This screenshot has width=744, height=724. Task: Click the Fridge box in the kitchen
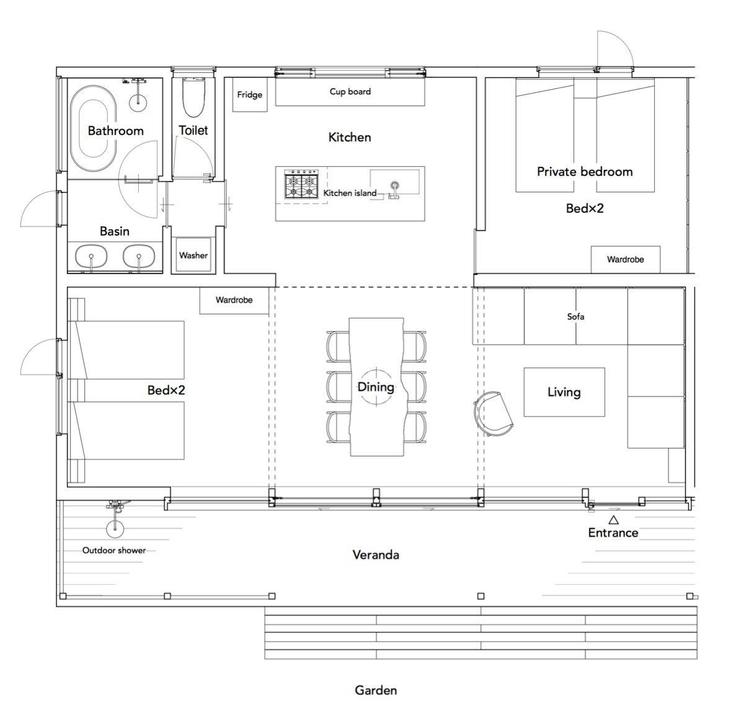coord(250,94)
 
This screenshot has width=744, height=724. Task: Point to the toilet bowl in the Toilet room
coord(193,97)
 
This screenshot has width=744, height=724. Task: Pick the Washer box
coord(193,255)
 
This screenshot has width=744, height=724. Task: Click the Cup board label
coord(350,91)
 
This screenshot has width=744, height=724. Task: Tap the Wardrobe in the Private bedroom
coord(625,259)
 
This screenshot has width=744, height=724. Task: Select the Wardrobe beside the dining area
coord(234,300)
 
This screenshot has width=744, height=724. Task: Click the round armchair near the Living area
coord(493,413)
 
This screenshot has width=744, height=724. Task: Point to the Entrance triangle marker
coord(613,519)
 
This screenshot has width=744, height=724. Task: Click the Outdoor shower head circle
coord(115,528)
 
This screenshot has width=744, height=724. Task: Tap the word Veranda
coord(376,555)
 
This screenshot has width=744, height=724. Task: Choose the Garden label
coord(376,690)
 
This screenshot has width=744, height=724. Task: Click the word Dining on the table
coord(376,387)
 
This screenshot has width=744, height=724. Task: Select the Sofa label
coord(575,316)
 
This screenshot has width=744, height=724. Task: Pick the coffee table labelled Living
coord(564,392)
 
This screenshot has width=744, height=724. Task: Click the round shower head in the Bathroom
coord(138,101)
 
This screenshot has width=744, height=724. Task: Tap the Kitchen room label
coord(350,137)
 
